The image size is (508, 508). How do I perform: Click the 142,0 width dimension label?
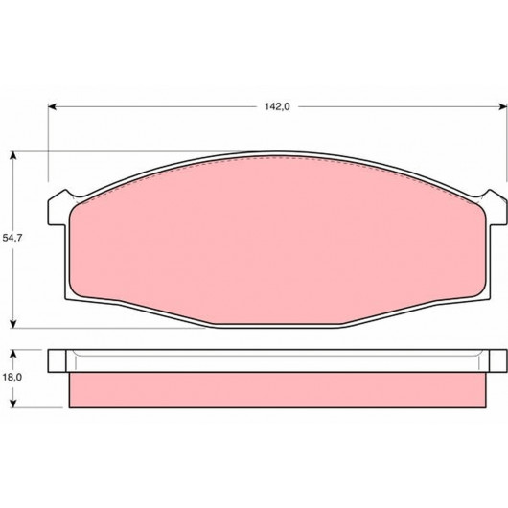277,106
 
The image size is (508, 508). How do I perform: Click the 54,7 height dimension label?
12,238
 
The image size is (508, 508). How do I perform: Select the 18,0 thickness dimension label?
12,377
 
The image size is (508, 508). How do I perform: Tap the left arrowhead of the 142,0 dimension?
52,106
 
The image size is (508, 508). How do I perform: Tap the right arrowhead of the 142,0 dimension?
502,106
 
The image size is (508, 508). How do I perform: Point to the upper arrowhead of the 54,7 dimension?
13,155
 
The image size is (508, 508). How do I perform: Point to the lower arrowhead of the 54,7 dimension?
13,324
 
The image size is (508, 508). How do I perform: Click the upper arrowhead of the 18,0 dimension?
13,354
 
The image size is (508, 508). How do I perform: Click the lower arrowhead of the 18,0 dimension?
13,404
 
